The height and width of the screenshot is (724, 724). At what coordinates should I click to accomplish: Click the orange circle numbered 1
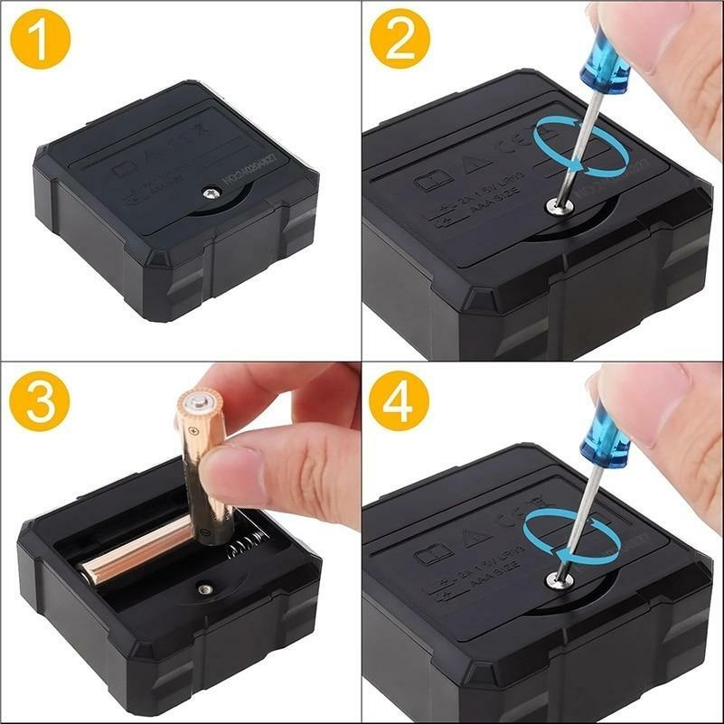(41, 39)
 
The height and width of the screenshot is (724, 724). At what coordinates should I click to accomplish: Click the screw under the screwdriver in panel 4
(558, 580)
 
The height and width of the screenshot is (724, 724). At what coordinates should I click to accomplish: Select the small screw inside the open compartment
(206, 588)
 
